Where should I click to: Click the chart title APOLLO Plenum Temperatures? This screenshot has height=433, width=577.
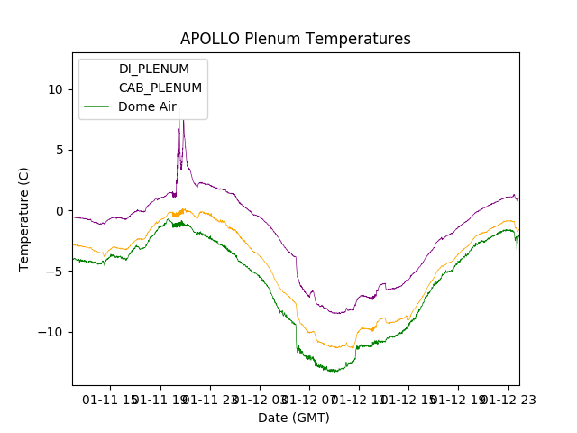coord(295,39)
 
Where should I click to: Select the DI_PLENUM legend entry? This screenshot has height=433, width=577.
coord(153,69)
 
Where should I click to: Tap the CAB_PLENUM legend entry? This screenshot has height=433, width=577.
coord(160,88)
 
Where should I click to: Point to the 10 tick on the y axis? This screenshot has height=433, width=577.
coord(56,89)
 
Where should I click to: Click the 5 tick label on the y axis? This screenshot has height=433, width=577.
coord(60,150)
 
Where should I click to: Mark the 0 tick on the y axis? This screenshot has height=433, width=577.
coord(60,211)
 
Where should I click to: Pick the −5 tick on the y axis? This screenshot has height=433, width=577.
coord(56,272)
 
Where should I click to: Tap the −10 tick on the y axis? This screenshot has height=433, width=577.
coord(52,332)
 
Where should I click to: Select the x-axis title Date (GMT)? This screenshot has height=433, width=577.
coord(294,418)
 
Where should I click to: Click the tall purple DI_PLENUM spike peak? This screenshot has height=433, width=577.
coord(179,109)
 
